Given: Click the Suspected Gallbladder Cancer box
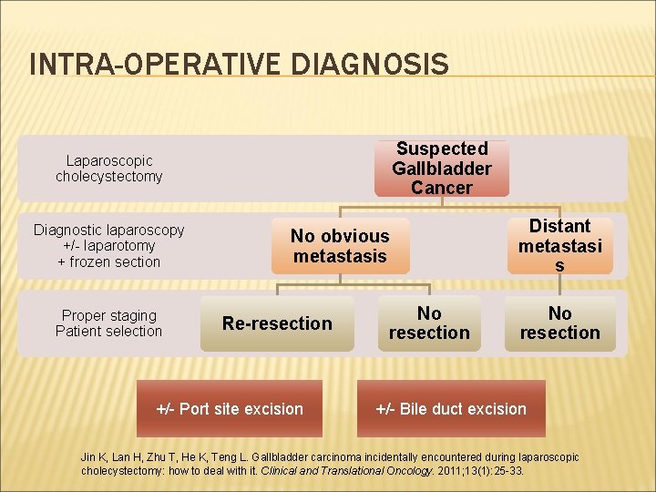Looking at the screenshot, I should point(441,169).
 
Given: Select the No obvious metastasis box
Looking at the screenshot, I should point(340,246).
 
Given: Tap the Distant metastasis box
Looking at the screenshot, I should point(559,245).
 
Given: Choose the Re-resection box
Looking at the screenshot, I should point(277,323).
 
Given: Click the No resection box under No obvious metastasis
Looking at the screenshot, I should point(429,323).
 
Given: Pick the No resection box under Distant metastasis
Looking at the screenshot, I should point(559,323).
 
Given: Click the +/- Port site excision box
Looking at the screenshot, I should point(230,409).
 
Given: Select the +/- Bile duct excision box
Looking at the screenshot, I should point(451,409).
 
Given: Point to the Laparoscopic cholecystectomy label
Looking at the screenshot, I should point(108,169).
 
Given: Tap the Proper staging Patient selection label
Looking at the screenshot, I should point(108,323).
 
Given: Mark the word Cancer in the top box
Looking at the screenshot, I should point(441,189).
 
